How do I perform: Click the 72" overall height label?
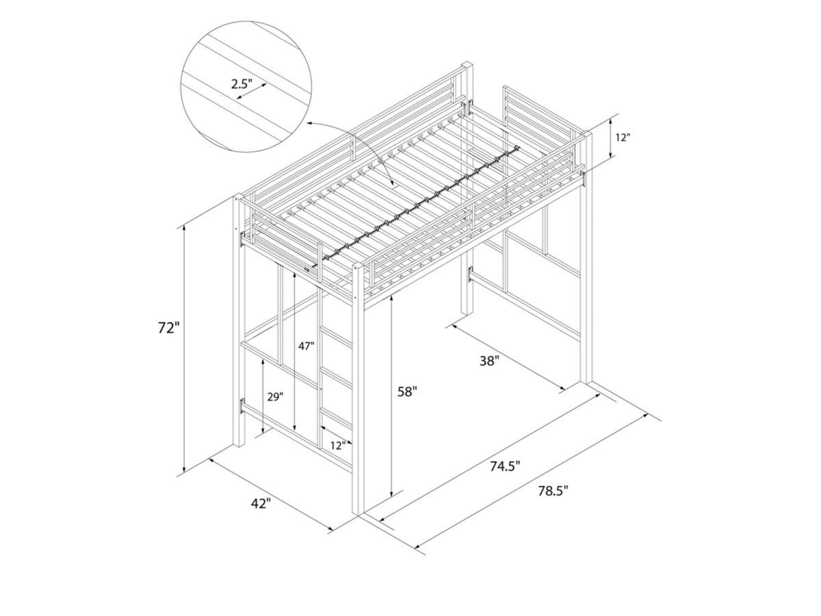click(168, 328)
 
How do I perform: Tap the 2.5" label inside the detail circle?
click(241, 85)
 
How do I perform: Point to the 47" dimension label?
click(306, 346)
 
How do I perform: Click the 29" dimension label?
click(275, 397)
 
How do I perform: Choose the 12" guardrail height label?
click(623, 137)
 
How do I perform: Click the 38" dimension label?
click(489, 361)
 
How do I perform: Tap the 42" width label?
click(261, 504)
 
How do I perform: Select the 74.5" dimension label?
click(505, 466)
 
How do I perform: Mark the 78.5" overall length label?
click(553, 490)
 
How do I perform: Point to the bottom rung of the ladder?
click(336, 417)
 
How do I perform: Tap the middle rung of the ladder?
click(336, 377)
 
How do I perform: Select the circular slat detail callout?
click(246, 86)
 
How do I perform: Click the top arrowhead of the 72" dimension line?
click(184, 227)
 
